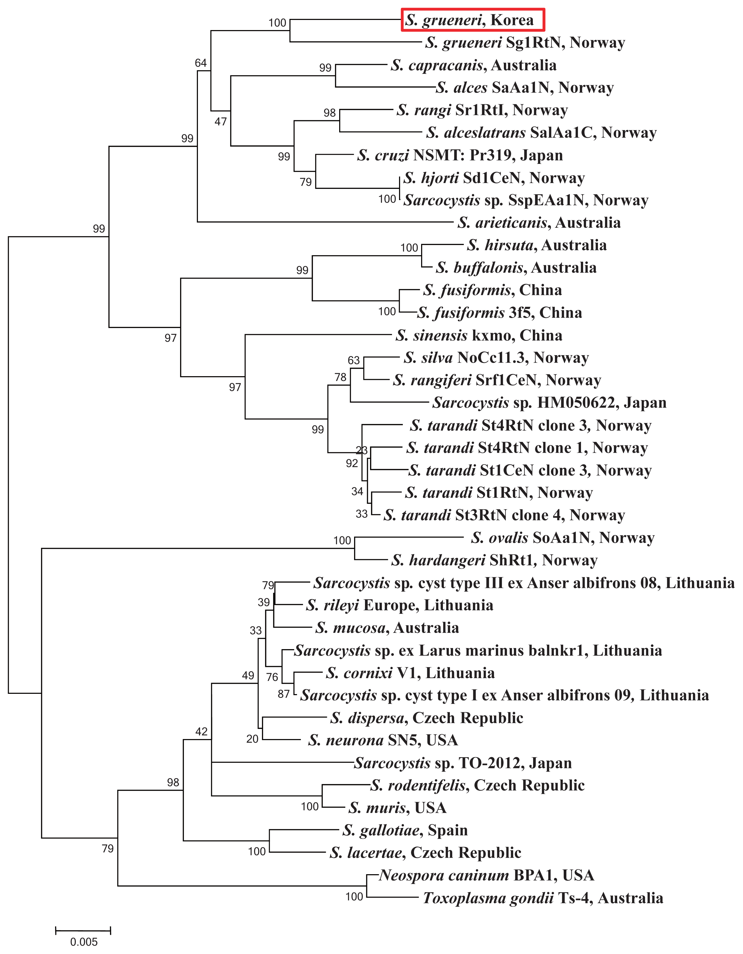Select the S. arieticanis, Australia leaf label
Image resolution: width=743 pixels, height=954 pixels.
(x=539, y=223)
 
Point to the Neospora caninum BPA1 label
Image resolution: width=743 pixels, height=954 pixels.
(x=487, y=875)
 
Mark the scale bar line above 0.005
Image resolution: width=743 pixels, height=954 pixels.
(x=83, y=930)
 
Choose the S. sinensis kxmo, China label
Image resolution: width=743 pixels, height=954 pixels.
(x=479, y=335)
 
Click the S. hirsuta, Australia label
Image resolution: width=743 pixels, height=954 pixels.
(x=536, y=246)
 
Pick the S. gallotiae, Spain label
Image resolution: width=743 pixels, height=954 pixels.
(x=405, y=830)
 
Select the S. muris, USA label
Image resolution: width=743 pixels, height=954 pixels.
(x=397, y=808)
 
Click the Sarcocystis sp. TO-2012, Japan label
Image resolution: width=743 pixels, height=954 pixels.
(x=463, y=763)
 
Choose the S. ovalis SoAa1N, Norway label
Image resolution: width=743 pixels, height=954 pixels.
(x=563, y=538)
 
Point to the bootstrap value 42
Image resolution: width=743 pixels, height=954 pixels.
(x=201, y=731)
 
